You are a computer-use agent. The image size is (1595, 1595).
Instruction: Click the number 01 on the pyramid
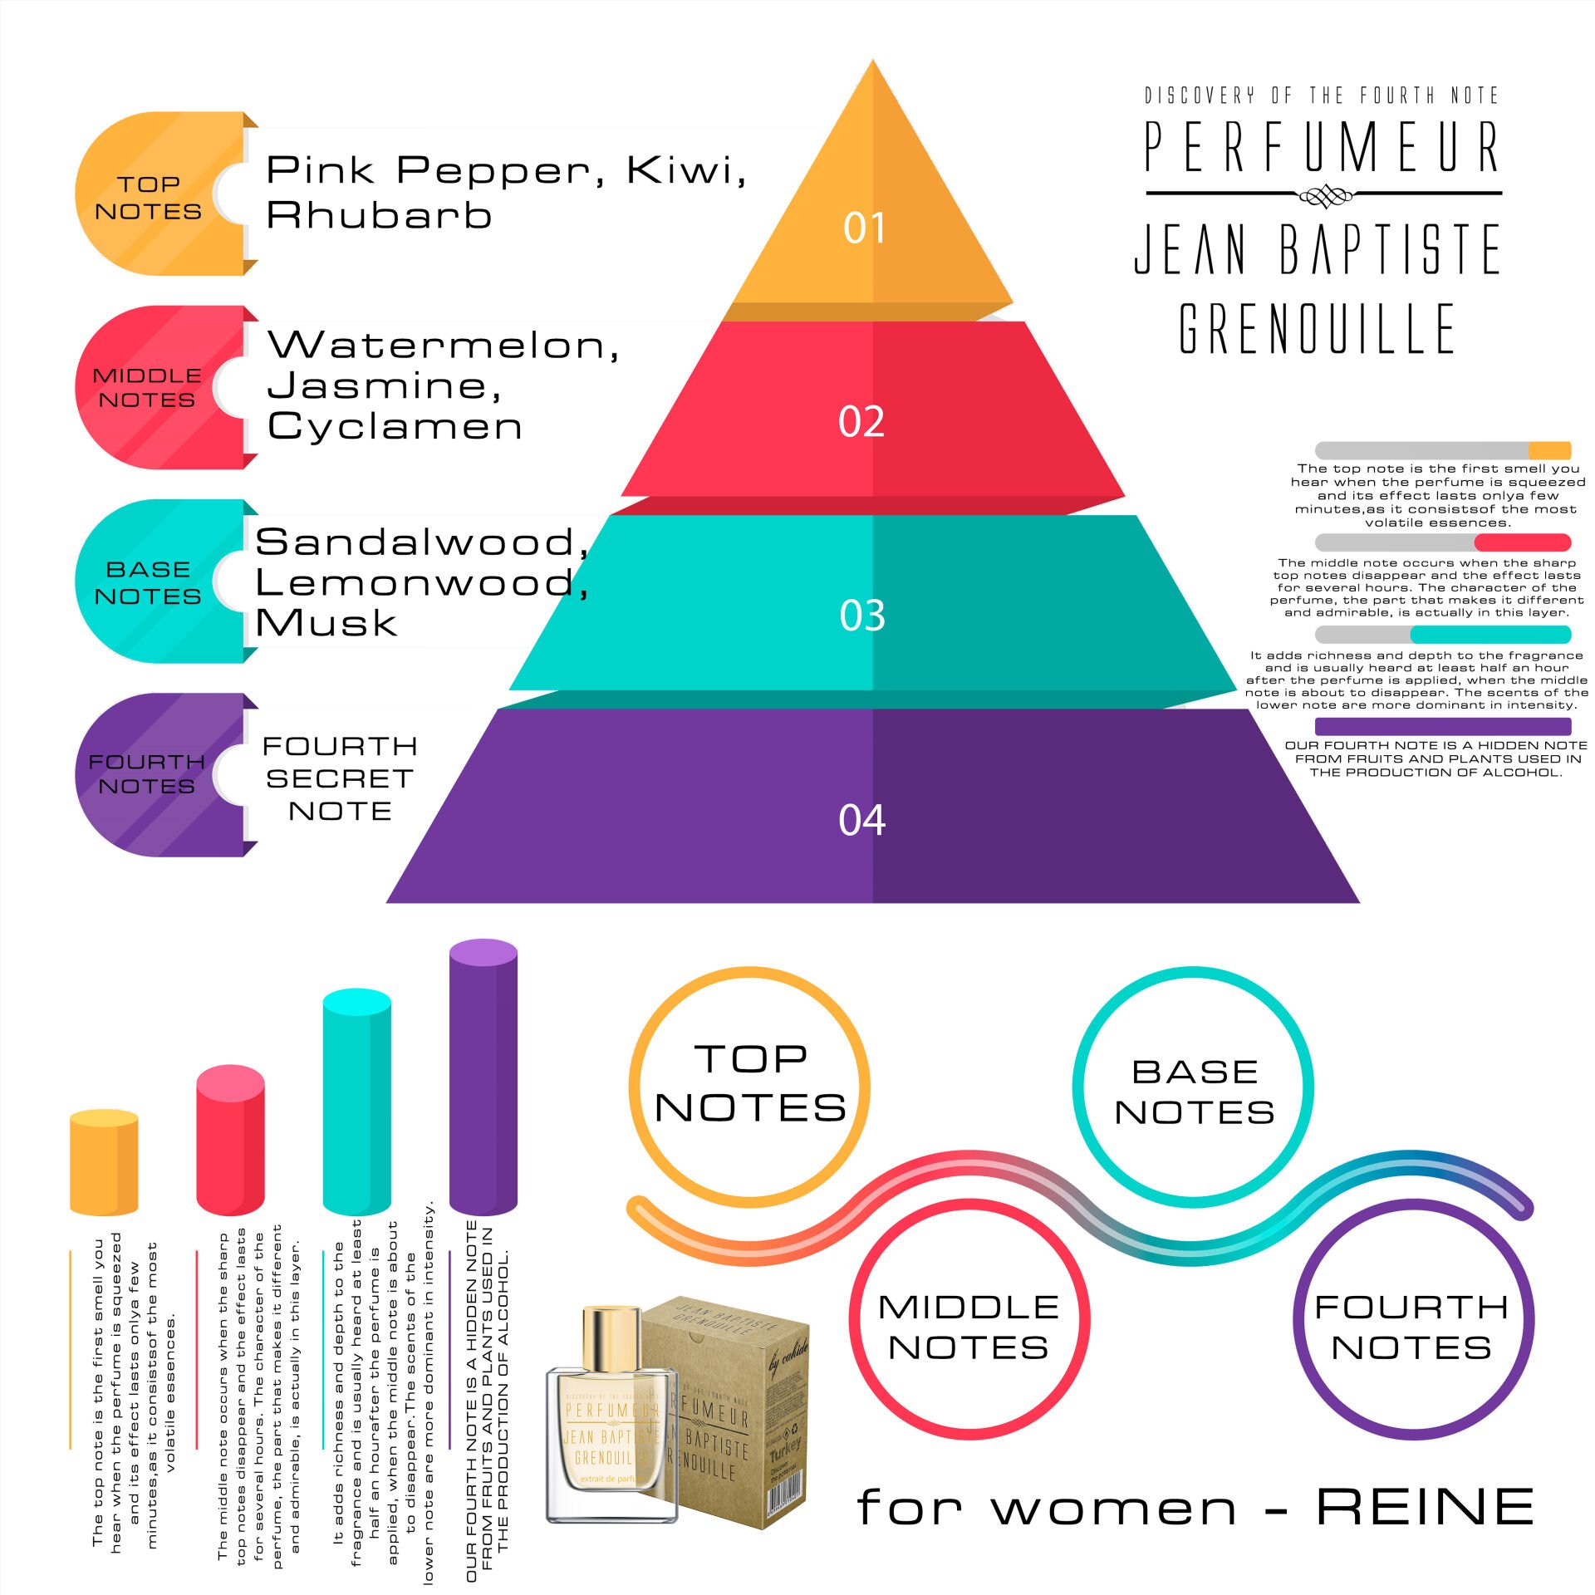coord(864,228)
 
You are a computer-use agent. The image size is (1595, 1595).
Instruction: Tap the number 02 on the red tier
coord(861,422)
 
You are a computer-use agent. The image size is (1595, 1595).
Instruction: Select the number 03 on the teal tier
coord(862,616)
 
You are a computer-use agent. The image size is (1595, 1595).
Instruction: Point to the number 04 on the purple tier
coord(862,820)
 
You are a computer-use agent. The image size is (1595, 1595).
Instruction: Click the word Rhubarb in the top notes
coord(379,215)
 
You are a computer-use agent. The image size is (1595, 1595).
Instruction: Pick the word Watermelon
coord(443,345)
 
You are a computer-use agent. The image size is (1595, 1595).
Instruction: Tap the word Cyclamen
coord(395,426)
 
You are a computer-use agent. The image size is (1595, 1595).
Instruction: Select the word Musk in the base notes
coord(326,622)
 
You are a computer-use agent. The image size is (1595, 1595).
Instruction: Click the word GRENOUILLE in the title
coord(1318,329)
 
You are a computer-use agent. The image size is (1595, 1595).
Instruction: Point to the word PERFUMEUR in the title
coord(1323,147)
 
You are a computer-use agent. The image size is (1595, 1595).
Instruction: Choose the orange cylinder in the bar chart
coord(104,1163)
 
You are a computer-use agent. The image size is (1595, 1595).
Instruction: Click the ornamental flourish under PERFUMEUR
coord(1325,195)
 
